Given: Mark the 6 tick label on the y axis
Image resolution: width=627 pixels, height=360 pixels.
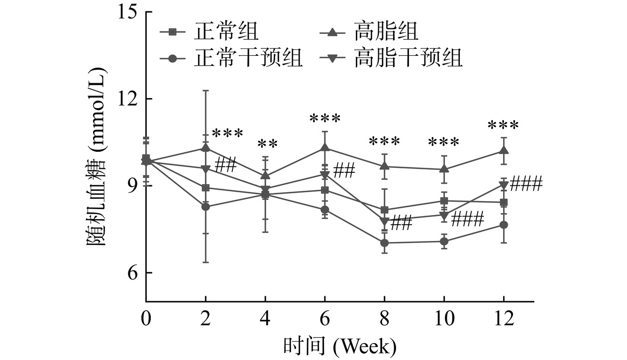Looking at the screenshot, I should pyautogui.click(x=130, y=273).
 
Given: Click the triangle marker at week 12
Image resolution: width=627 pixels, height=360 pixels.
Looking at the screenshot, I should pyautogui.click(x=504, y=150).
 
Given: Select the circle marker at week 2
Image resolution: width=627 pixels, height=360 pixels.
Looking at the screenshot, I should pyautogui.click(x=206, y=207).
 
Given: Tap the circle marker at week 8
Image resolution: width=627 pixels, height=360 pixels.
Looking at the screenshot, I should pyautogui.click(x=384, y=243).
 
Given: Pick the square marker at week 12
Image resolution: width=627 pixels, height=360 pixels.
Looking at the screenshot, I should pyautogui.click(x=504, y=202).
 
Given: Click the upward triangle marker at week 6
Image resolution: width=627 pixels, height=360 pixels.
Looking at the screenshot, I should pyautogui.click(x=325, y=147).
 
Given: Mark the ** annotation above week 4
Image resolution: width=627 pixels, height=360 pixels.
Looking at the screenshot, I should pyautogui.click(x=268, y=144).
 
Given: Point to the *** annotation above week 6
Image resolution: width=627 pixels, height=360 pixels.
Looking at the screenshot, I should pyautogui.click(x=325, y=119).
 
